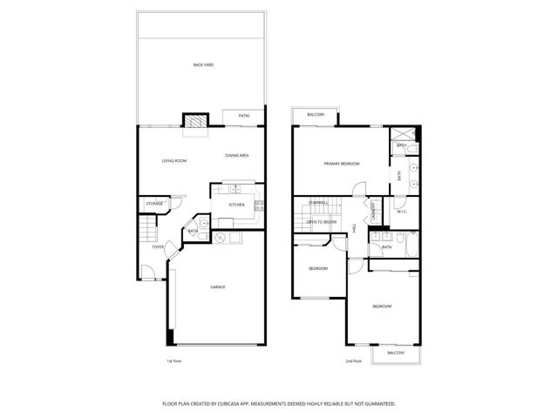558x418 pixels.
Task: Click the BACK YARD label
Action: [x=203, y=65]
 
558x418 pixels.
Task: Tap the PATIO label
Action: [x=244, y=116]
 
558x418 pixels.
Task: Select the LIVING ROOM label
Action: [x=174, y=161]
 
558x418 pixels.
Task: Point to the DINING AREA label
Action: [x=238, y=156]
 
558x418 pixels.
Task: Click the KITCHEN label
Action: [x=236, y=206]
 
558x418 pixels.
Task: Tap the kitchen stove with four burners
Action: [x=259, y=206]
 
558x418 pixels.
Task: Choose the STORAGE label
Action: [x=155, y=204]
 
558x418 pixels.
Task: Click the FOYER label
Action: [x=158, y=247]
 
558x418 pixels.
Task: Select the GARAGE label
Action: [x=217, y=287]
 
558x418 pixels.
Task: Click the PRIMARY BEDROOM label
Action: [x=342, y=164]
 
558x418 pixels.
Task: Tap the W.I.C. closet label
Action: [x=402, y=212]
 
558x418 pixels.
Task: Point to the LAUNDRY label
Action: [x=373, y=211]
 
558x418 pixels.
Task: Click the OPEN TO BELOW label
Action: [x=323, y=223]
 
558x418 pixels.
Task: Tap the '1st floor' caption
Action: [x=174, y=361]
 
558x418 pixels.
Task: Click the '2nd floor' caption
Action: [x=353, y=361]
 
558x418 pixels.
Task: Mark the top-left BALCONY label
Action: [x=316, y=115]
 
